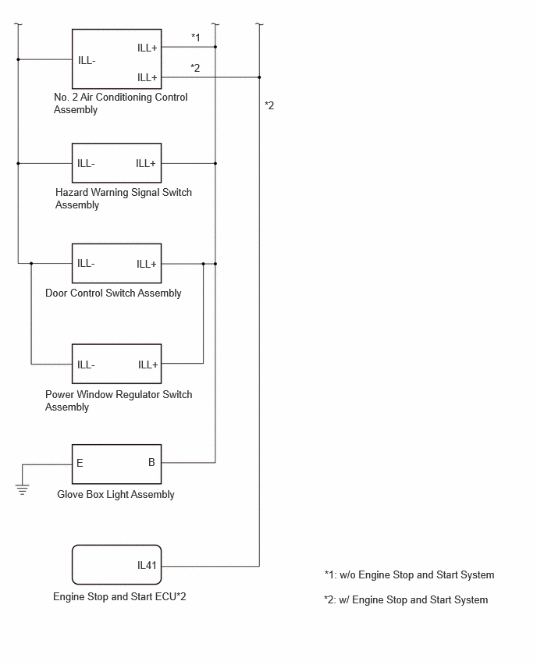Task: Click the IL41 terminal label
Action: [147, 565]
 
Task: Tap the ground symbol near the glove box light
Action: [22, 489]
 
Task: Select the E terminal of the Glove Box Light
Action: [80, 463]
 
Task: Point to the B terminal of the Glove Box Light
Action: [151, 462]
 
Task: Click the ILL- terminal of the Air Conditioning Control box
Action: [87, 61]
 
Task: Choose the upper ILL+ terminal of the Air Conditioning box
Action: [148, 48]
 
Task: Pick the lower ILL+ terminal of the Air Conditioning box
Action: [148, 77]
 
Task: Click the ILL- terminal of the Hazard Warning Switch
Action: [86, 164]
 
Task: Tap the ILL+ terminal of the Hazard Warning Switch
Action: [146, 164]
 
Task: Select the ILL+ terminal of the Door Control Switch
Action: [147, 265]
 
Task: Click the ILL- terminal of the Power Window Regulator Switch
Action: [86, 365]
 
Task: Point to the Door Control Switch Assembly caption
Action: [113, 293]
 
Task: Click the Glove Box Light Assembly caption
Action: [116, 495]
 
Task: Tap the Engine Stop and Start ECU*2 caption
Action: [119, 597]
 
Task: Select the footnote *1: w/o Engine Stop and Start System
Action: [409, 574]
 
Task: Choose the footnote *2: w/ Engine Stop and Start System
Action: [406, 599]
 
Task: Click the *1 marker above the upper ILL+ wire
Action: [196, 37]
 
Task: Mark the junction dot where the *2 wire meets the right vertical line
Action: [259, 77]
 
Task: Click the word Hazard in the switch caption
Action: [72, 193]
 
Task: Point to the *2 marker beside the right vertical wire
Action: [269, 105]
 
